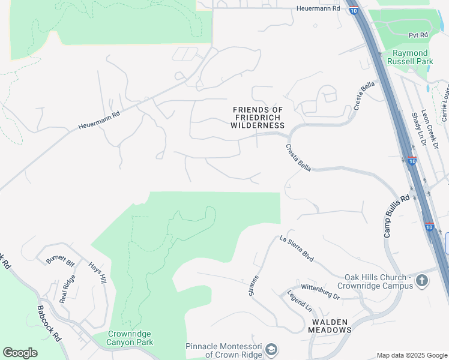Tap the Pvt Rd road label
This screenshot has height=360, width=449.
click(x=418, y=35)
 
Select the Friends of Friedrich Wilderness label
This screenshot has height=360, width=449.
click(x=258, y=118)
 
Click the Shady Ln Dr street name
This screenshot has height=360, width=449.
click(x=417, y=129)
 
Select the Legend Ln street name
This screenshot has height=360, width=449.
click(x=300, y=301)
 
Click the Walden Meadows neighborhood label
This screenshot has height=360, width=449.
click(x=330, y=326)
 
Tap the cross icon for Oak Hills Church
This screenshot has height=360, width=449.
click(x=423, y=281)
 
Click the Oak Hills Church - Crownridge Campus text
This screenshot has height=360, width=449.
click(x=378, y=281)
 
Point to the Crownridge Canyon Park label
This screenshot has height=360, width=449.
click(x=130, y=338)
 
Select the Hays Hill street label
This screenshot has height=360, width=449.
click(x=97, y=274)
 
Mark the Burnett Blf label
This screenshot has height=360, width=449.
click(x=60, y=262)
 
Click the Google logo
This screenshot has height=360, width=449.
click(x=20, y=353)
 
